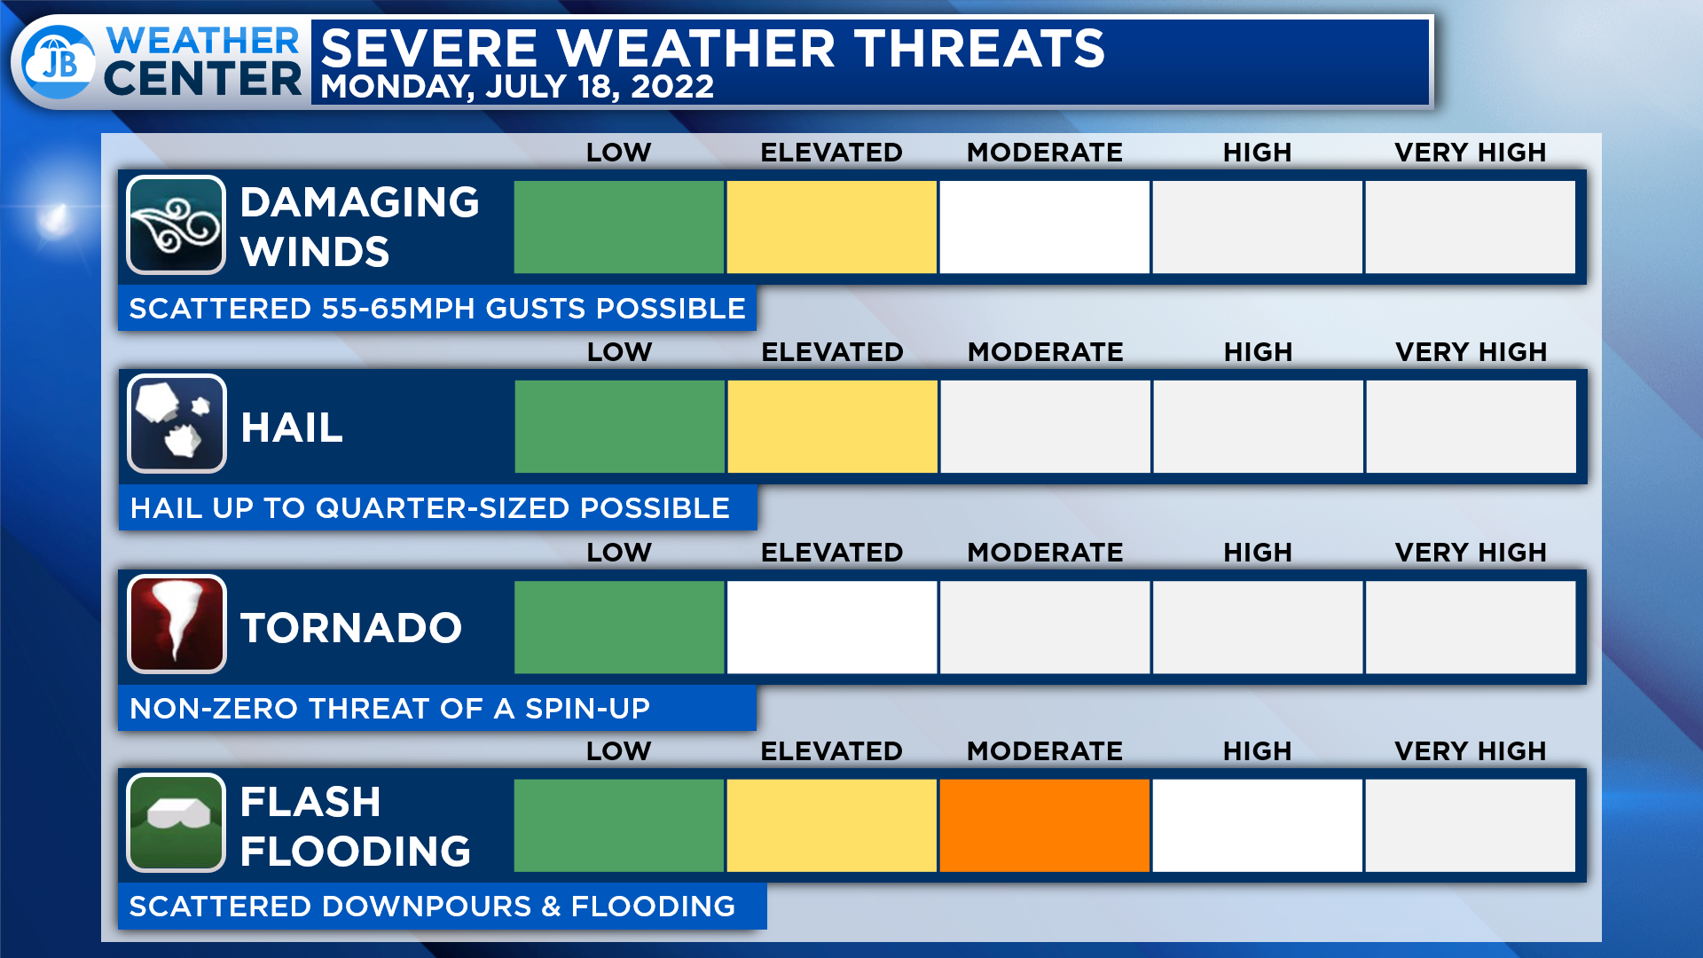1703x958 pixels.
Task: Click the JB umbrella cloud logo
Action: click(x=59, y=61)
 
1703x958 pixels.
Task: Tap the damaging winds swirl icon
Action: click(x=176, y=225)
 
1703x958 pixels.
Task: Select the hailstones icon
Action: click(x=177, y=424)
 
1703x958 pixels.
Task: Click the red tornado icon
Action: click(x=177, y=624)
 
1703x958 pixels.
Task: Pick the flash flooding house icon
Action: click(x=176, y=823)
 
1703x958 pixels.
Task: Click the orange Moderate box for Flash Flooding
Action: click(x=1044, y=826)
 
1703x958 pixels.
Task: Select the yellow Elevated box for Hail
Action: click(x=832, y=427)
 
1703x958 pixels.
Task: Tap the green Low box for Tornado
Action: click(x=619, y=627)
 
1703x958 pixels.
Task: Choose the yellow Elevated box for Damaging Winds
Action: click(x=831, y=227)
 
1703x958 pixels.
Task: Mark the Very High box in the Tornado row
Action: click(x=1471, y=627)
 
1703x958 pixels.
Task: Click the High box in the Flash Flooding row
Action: click(x=1257, y=826)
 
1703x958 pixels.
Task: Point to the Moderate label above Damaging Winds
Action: click(x=1045, y=153)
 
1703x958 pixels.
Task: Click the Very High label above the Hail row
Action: click(x=1471, y=352)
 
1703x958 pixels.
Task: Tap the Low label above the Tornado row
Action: click(x=619, y=553)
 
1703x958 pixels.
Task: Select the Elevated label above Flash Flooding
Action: click(x=831, y=751)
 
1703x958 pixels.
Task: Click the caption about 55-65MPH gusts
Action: click(x=437, y=309)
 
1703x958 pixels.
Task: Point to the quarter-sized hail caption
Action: click(x=430, y=508)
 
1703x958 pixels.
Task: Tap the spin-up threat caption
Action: click(x=389, y=709)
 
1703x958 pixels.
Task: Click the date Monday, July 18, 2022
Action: click(x=517, y=87)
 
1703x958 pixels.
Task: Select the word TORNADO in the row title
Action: click(x=351, y=628)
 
